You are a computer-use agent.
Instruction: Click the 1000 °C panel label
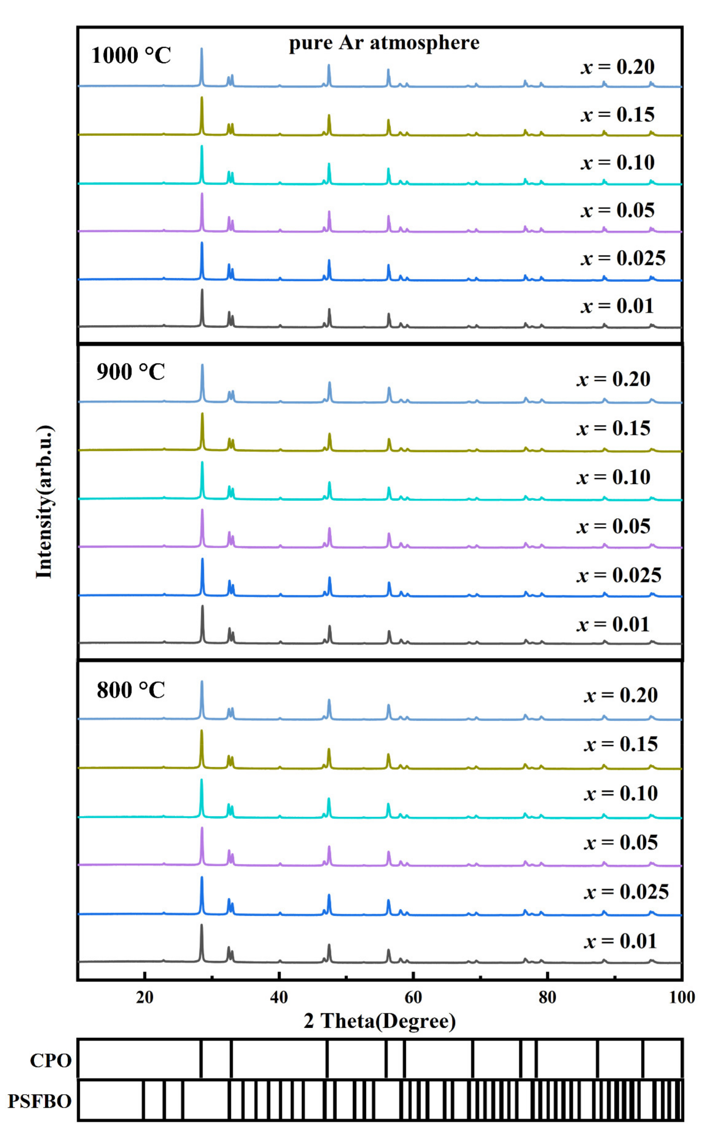point(131,56)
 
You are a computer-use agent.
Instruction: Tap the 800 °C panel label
point(131,690)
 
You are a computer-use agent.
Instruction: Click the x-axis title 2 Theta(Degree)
point(379,1021)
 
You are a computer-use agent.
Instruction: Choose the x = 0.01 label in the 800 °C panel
point(620,941)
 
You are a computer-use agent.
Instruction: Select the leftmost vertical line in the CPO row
point(201,1059)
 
